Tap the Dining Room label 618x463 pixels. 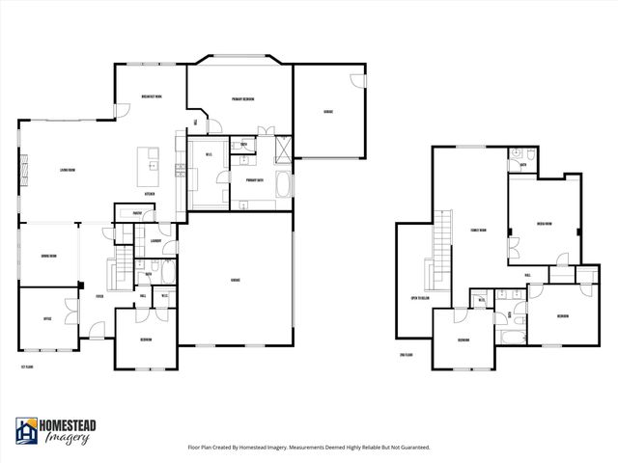(47, 256)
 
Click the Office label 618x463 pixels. (46, 317)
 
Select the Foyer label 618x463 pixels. (99, 297)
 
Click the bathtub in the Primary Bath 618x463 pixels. (282, 184)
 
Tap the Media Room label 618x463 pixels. (544, 224)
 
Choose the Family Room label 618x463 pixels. (477, 231)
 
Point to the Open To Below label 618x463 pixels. (420, 298)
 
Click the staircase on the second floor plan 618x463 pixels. (443, 249)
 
